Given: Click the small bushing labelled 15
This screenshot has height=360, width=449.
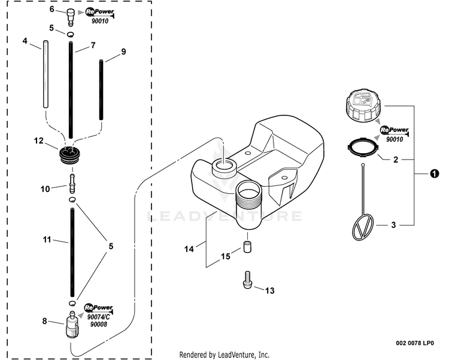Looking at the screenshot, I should [x=247, y=247].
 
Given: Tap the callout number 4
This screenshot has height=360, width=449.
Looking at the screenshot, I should [x=25, y=41].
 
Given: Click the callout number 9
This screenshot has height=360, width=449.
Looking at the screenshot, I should [x=123, y=52].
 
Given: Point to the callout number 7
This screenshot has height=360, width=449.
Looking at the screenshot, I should [x=93, y=45].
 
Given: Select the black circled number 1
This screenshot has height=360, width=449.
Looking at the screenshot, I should [x=432, y=173].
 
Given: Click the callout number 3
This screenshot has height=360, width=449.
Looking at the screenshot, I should [x=393, y=225].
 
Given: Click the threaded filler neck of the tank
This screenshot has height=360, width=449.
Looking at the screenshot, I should [x=250, y=196].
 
